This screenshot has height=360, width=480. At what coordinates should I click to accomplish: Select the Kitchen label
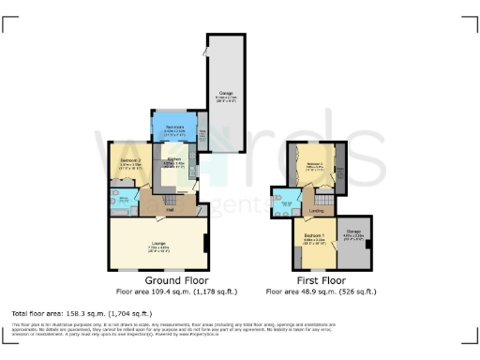click(x=175, y=160)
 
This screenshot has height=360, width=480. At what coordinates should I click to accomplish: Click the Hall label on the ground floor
click(x=171, y=209)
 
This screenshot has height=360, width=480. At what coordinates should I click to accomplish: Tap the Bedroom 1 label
click(x=313, y=236)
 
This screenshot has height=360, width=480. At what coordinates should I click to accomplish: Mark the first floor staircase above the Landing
click(x=323, y=200)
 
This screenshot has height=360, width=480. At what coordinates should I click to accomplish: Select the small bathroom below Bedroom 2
click(x=125, y=202)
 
